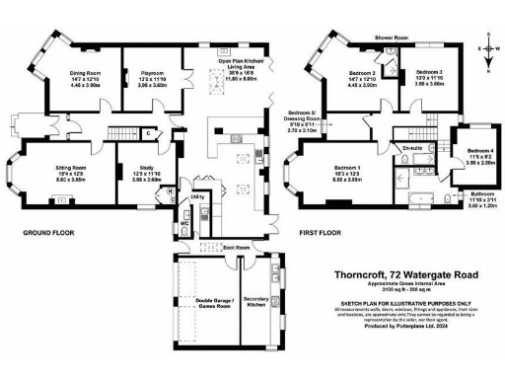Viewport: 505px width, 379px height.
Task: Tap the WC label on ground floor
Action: pos(184,223)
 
